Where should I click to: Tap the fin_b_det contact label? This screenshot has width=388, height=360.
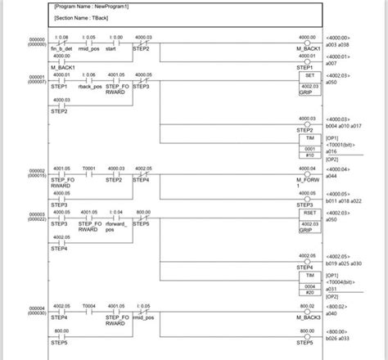coord(62,49)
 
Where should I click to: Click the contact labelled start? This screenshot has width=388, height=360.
coord(117,49)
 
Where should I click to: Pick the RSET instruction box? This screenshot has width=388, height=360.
coord(309,212)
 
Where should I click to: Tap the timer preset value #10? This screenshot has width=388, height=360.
coord(309,155)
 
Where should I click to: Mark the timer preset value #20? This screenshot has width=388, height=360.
coord(309,292)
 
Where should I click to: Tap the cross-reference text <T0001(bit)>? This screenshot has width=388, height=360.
coord(343,146)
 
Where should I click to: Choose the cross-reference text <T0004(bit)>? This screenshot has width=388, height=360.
coord(343,282)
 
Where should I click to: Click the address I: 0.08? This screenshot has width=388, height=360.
coord(62,37)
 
